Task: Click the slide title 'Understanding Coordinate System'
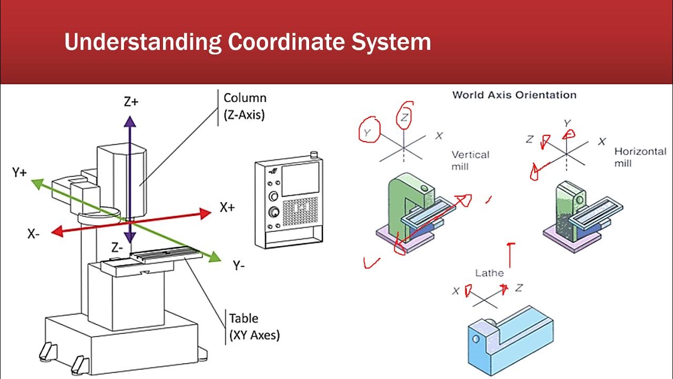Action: tap(247, 42)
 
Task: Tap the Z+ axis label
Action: tap(131, 102)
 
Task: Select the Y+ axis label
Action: tap(20, 173)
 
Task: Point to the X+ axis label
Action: tap(227, 207)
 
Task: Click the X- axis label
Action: tap(34, 234)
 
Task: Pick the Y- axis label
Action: tap(239, 266)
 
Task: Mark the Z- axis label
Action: tap(117, 247)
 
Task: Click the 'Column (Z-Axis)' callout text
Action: tap(244, 106)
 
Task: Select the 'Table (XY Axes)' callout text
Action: tap(254, 326)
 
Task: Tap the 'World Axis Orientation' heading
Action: tap(514, 95)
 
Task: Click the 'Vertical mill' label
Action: tap(470, 161)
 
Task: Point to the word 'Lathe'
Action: tap(490, 273)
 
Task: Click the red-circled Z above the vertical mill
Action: tap(404, 118)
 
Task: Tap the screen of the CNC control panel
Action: tap(300, 181)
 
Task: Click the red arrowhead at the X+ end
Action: tap(206, 213)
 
